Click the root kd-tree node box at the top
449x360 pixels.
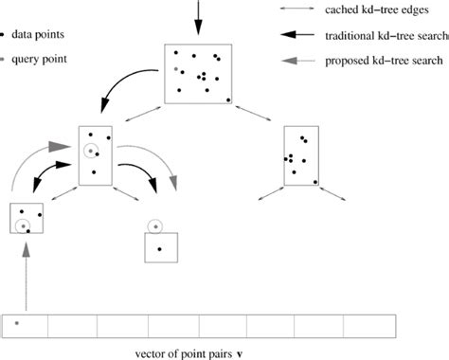click(198, 74)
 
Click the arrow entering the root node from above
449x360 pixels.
click(198, 19)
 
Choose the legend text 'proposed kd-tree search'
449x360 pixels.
click(384, 61)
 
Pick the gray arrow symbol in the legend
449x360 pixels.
click(299, 62)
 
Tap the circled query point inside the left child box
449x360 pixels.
click(90, 150)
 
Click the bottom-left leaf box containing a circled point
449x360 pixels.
click(27, 219)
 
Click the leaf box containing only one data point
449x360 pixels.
click(159, 248)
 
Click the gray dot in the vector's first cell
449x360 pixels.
click(16, 323)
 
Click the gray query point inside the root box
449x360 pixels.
click(175, 69)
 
